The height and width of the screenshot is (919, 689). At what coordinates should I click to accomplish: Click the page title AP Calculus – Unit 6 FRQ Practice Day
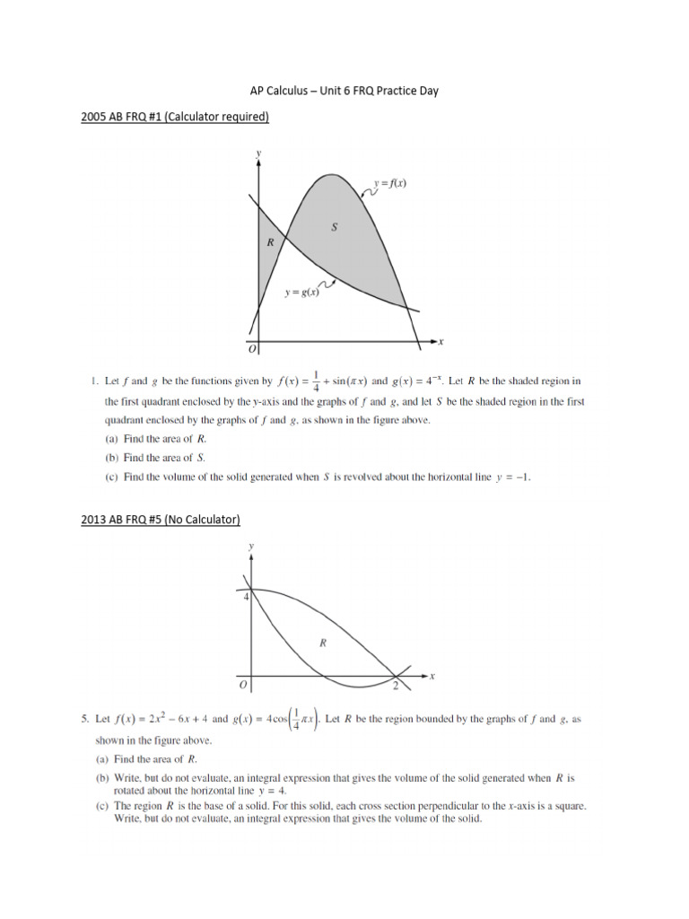344,91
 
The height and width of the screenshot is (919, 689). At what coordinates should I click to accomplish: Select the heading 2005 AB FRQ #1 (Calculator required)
170,117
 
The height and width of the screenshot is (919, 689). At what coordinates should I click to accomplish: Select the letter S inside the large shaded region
335,228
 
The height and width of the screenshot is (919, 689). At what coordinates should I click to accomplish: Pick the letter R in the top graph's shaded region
269,242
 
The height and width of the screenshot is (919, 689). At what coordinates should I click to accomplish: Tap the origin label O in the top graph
252,348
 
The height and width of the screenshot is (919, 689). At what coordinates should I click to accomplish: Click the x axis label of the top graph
441,341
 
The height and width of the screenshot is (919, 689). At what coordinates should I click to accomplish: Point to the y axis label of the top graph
258,153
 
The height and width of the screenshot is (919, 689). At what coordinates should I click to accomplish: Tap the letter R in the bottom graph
322,642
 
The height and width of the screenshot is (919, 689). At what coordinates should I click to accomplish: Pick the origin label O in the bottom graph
243,686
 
